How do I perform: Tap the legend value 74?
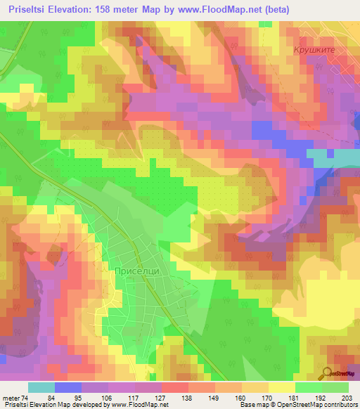pyautogui.click(x=25, y=398)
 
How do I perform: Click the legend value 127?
pyautogui.click(x=160, y=398)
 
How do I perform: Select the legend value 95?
pyautogui.click(x=80, y=398)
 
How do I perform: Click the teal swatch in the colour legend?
pyautogui.click(x=41, y=387)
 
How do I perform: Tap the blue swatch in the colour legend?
pyautogui.click(x=67, y=387)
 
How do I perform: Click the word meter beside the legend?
pyautogui.click(x=11, y=398)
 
